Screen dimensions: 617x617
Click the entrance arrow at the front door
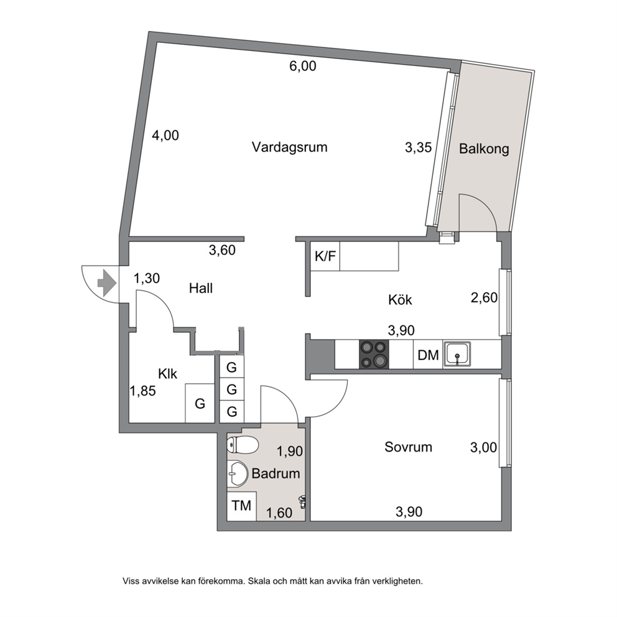[106, 283]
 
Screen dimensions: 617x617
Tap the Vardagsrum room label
[290, 147]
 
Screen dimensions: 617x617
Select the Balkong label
[484, 149]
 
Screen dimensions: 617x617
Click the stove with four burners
[374, 354]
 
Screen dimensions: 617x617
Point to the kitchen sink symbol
[457, 354]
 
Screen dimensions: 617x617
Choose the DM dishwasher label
[428, 355]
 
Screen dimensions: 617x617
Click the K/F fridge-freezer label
[325, 256]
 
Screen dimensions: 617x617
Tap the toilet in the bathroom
[243, 445]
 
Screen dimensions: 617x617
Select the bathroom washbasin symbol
[237, 473]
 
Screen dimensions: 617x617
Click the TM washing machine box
[241, 506]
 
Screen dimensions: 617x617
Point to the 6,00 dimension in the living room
[303, 66]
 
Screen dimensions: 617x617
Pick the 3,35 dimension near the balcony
[419, 148]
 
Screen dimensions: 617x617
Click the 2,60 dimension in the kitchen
[484, 297]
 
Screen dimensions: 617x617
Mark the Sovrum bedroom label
[408, 447]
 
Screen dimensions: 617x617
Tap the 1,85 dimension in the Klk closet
[143, 391]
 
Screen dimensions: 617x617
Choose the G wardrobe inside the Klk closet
[200, 403]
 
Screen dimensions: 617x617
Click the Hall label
[201, 288]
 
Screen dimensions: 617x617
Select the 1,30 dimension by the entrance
[147, 279]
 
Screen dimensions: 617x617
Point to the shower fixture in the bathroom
[303, 502]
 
